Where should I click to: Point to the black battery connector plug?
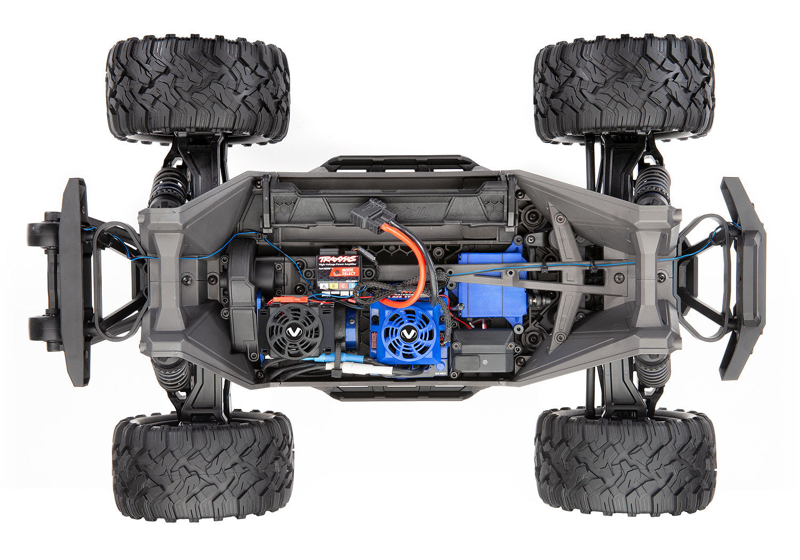pyautogui.click(x=373, y=211)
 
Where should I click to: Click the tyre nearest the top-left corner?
pyautogui.click(x=198, y=88)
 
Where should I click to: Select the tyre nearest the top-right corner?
pyautogui.click(x=624, y=88)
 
